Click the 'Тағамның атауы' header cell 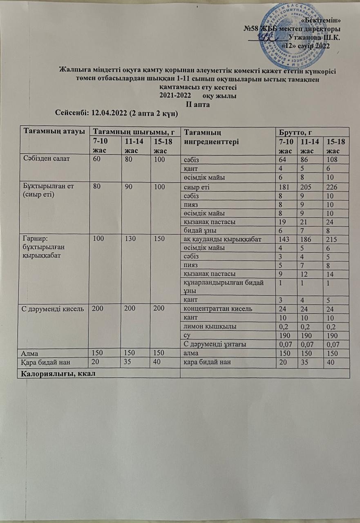pyautogui.click(x=50, y=132)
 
